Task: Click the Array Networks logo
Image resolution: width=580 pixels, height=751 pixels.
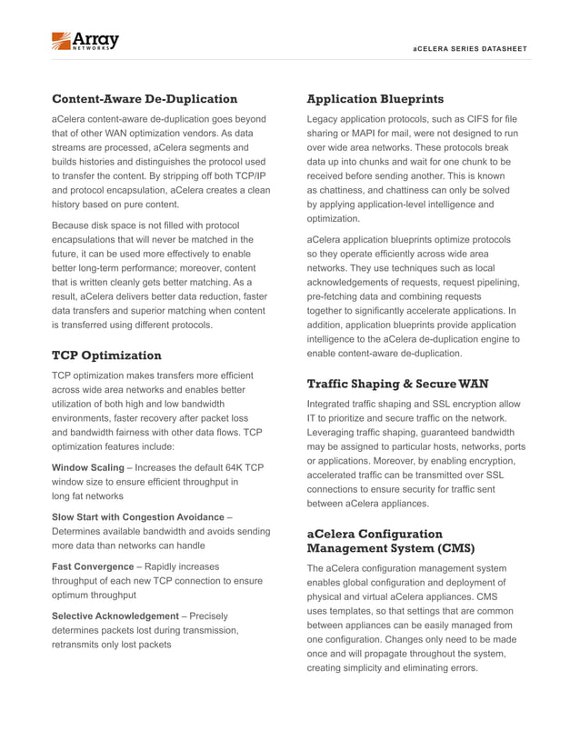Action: [x=85, y=41]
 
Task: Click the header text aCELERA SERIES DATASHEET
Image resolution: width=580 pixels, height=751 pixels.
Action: [x=469, y=48]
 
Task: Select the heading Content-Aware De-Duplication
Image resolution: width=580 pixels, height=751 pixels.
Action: [x=145, y=98]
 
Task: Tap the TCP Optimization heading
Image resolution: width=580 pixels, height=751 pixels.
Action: [x=106, y=355]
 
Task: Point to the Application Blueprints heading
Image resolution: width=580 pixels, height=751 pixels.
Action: [x=375, y=98]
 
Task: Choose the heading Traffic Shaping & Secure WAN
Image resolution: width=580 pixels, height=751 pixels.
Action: [x=397, y=384]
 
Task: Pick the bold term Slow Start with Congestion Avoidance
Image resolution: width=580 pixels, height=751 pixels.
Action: [x=137, y=516]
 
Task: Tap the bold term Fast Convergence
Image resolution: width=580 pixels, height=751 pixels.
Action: [x=92, y=566]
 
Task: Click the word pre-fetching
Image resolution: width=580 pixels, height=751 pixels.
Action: [x=338, y=296]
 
